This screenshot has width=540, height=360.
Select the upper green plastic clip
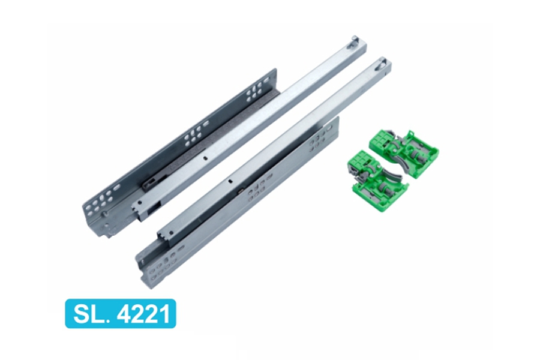tap(404, 154)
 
